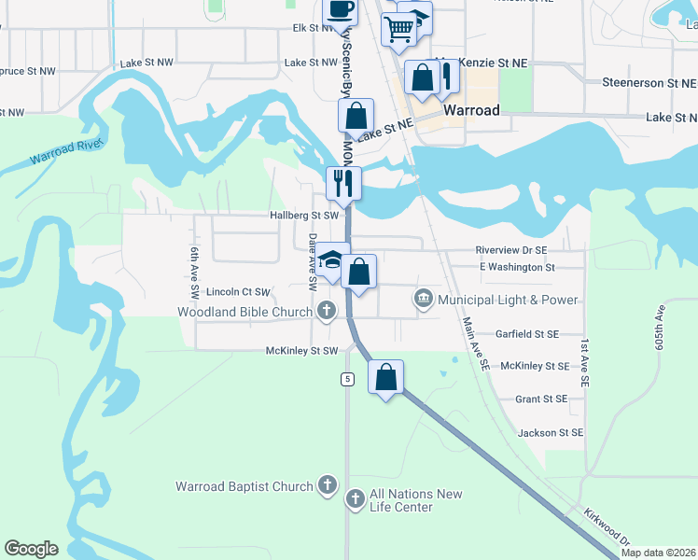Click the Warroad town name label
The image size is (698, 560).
coord(471,110)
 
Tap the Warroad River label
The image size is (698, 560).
coord(64,154)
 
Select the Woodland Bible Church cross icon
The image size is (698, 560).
coord(326,311)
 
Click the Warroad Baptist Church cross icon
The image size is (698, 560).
coord(327,485)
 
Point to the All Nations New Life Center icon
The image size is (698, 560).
coord(356,499)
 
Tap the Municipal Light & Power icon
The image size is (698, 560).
coord(423,300)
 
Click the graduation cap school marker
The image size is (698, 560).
coord(331,260)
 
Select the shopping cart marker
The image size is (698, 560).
coord(398,28)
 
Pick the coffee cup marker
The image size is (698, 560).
coord(340,9)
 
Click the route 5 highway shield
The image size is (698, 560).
coord(347,379)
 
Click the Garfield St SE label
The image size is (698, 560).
coord(527,333)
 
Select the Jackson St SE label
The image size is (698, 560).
coord(551,432)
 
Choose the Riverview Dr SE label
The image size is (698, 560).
coord(510,250)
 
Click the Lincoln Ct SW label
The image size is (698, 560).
coord(238,292)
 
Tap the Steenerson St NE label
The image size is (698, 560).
coord(649,83)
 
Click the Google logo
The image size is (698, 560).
coord(32,549)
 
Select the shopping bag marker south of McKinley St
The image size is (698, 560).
coord(386,378)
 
